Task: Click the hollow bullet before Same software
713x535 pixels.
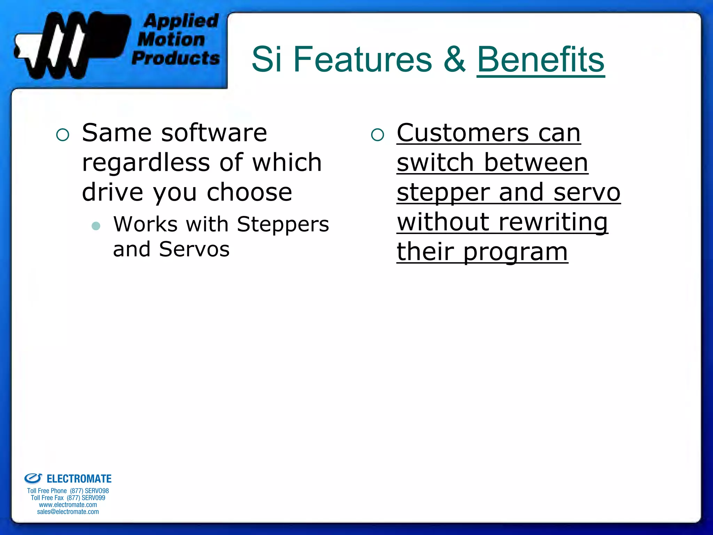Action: coord(63,135)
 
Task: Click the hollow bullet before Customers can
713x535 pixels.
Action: coord(377,135)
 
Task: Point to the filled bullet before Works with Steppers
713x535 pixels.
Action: coord(96,226)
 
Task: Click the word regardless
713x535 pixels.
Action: coord(146,163)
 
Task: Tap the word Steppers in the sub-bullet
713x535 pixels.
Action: coord(283,224)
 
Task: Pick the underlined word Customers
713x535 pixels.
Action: coord(463,133)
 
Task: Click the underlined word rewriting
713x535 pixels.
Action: coord(553,222)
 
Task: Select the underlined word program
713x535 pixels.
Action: coord(515,252)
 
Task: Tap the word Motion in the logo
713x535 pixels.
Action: coord(171,39)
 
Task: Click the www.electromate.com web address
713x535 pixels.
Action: coord(68,505)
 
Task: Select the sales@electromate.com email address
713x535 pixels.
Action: coord(68,512)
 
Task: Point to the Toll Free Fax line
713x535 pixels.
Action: coord(68,498)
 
